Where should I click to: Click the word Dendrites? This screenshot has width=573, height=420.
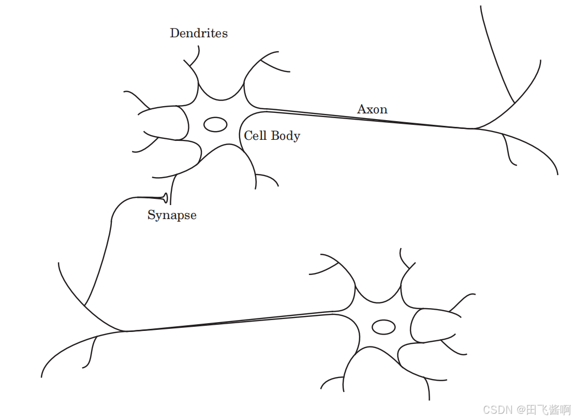199,33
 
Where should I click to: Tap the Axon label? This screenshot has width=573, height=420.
372,109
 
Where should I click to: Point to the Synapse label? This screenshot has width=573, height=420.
172,215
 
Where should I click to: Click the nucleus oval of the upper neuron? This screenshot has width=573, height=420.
215,124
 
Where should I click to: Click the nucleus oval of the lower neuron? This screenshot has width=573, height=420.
384,327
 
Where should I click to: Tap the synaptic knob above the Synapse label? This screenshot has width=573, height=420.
165,197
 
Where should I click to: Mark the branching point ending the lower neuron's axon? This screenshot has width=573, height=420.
126,331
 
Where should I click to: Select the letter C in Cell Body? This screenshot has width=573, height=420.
248,136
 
